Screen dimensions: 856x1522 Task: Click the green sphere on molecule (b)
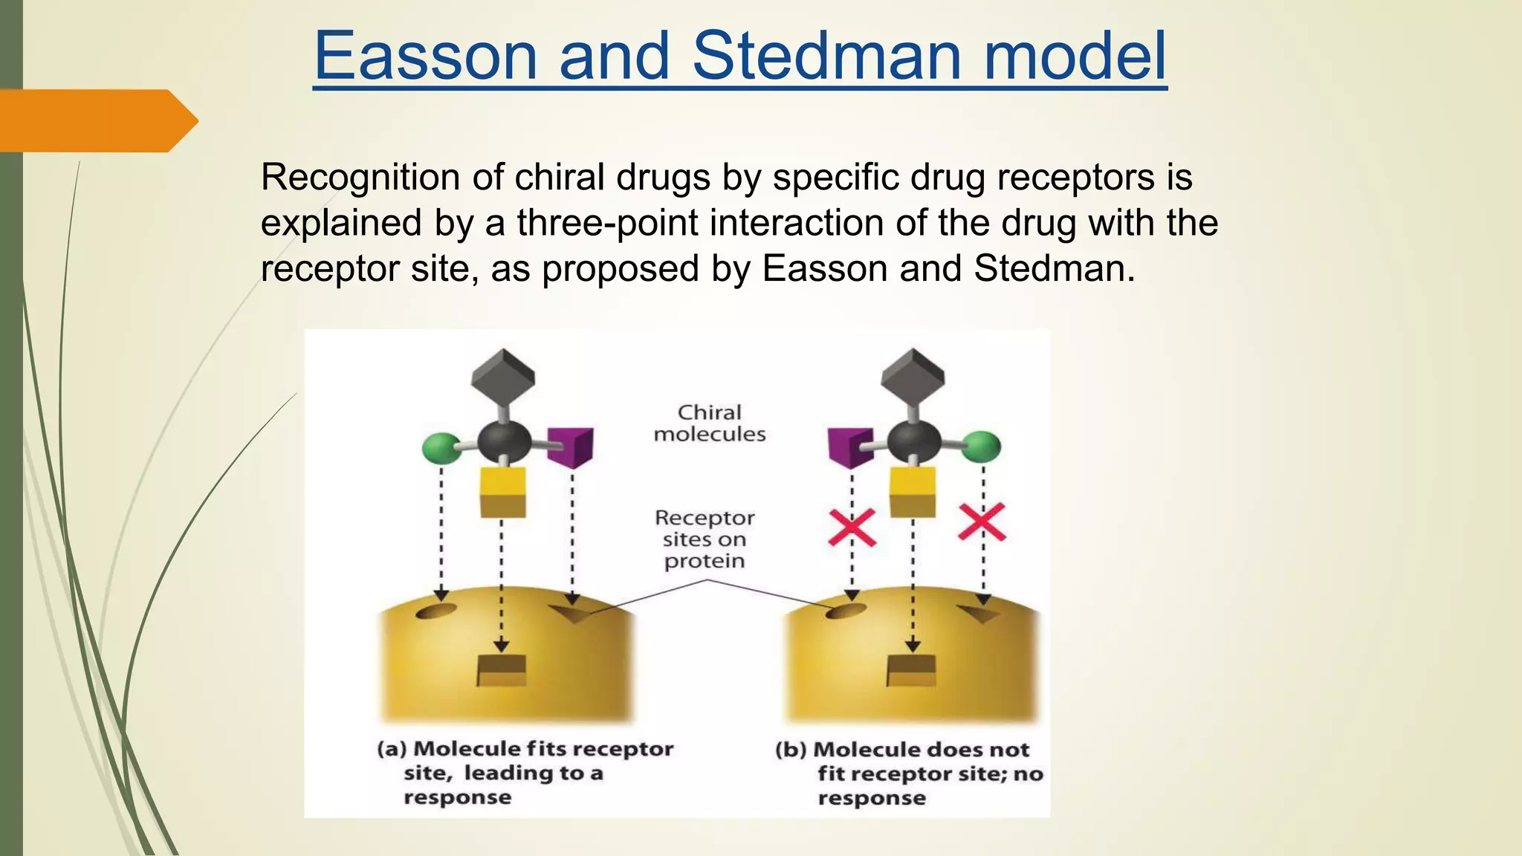(x=982, y=447)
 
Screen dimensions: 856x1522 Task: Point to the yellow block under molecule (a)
(x=503, y=492)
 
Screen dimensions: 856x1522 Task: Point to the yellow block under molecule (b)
(x=913, y=492)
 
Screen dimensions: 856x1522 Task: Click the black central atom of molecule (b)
(x=913, y=442)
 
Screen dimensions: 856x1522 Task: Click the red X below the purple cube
(x=852, y=528)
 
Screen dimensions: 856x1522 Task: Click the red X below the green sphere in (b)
(x=982, y=522)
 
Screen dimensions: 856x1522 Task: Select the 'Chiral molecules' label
(x=709, y=423)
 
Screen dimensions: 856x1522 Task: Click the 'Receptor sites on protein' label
(x=704, y=539)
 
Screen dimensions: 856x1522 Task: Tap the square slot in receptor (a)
(x=502, y=671)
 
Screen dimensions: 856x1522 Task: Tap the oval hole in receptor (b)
(x=846, y=611)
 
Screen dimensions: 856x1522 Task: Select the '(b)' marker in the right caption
(x=791, y=749)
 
